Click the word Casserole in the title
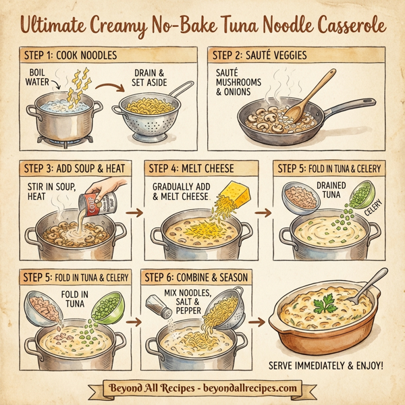point(337,27)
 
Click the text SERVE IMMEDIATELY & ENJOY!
point(326,365)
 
